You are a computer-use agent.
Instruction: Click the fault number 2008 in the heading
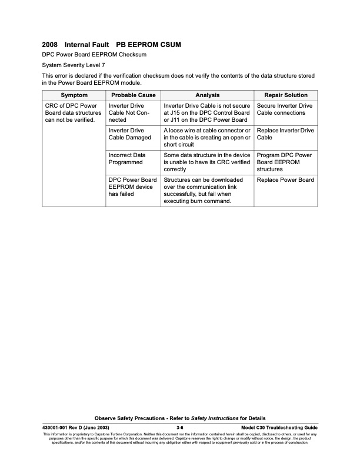(50, 45)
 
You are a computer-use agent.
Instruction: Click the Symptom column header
(74, 95)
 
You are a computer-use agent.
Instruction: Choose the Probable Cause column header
(133, 95)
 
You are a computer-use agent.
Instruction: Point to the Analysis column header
(208, 95)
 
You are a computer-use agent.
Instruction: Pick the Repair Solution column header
(285, 95)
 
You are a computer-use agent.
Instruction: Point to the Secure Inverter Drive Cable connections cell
(285, 109)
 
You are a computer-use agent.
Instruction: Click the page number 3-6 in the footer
(181, 427)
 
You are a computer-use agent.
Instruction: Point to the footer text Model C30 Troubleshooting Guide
(279, 427)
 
